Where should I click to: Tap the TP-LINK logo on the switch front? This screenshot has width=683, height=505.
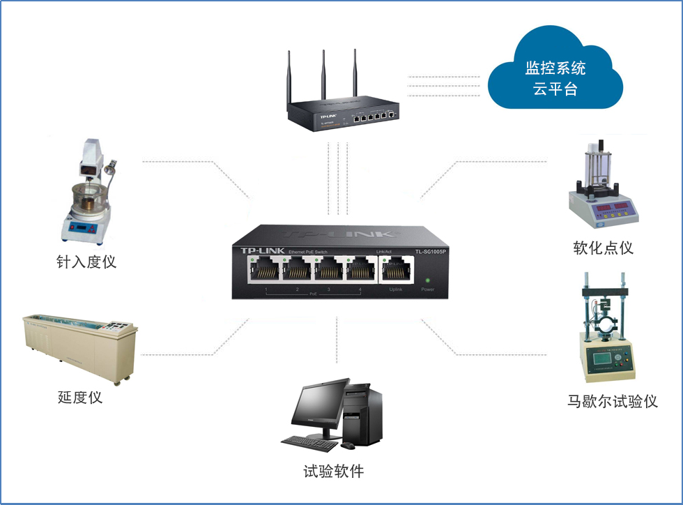(x=261, y=250)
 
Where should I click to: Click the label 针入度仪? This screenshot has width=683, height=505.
(x=86, y=262)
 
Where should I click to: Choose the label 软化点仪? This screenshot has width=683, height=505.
(x=603, y=248)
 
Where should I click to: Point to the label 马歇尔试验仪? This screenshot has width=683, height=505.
(x=613, y=402)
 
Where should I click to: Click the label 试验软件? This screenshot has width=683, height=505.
(x=333, y=472)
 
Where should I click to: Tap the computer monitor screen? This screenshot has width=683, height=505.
(x=319, y=407)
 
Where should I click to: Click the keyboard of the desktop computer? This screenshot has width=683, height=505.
(x=311, y=442)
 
